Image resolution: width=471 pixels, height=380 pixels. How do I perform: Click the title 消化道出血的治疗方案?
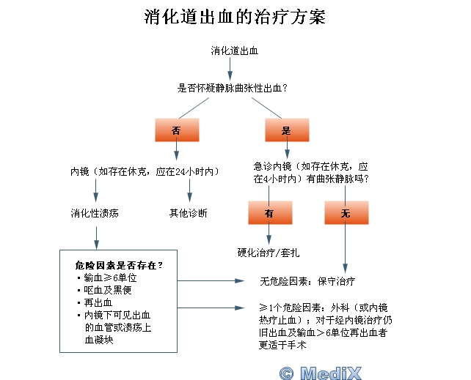pos(235,17)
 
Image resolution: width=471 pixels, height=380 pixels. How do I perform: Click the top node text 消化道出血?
pos(234,51)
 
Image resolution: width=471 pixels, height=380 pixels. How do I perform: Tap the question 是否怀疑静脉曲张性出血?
pos(232,88)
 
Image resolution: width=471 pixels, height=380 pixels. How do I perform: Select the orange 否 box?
pos(177,130)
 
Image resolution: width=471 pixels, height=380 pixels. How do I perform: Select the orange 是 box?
pos(287,130)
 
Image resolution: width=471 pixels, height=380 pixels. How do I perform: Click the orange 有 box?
pos(270,212)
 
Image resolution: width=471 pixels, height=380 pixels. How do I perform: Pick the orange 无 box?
pos(346,212)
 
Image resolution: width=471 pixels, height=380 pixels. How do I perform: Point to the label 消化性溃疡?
pos(95,213)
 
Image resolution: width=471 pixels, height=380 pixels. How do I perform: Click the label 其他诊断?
pos(189,213)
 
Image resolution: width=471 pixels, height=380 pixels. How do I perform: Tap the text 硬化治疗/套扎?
pos(269,253)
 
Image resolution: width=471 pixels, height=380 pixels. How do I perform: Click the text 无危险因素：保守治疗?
pos(307,281)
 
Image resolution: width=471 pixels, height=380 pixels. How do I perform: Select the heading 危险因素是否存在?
pos(119,265)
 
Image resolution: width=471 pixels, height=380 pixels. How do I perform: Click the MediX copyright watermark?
pos(320,373)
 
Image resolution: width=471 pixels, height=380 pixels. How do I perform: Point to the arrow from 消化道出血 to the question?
pos(230,69)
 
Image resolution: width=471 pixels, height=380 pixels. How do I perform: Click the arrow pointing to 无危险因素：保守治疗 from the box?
pos(211,281)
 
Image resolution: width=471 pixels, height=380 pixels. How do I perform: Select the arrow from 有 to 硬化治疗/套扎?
pos(269,234)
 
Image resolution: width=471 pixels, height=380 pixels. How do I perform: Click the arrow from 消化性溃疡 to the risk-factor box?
pos(96,238)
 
